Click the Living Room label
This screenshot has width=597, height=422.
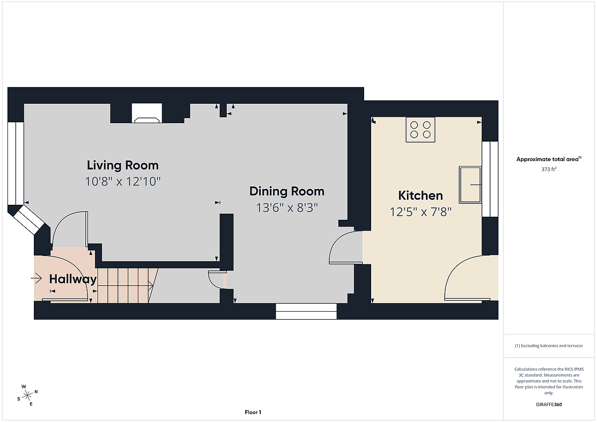[x=123, y=166]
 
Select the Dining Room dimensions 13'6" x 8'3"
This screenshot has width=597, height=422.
[x=287, y=208]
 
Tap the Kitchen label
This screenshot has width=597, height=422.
[x=420, y=195]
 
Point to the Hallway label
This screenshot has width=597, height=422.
[x=73, y=279]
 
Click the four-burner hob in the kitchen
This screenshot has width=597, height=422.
[x=420, y=130]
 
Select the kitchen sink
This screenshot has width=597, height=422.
[x=470, y=185]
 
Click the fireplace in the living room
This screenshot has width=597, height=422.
[x=147, y=113]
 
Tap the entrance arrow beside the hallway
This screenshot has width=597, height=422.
[x=36, y=278]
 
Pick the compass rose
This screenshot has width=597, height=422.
[x=27, y=395]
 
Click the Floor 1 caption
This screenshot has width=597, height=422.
[x=253, y=412]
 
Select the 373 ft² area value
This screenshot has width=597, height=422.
[x=549, y=169]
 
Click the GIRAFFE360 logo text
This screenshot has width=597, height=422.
[x=549, y=405]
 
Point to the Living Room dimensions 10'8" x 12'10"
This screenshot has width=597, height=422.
[x=123, y=181]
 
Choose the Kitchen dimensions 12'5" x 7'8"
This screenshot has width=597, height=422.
[x=420, y=212]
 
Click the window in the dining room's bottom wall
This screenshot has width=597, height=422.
[x=306, y=311]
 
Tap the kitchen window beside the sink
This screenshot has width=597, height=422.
[x=490, y=179]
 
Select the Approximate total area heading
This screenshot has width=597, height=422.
[x=549, y=159]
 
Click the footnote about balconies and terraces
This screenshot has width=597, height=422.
[x=549, y=345]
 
